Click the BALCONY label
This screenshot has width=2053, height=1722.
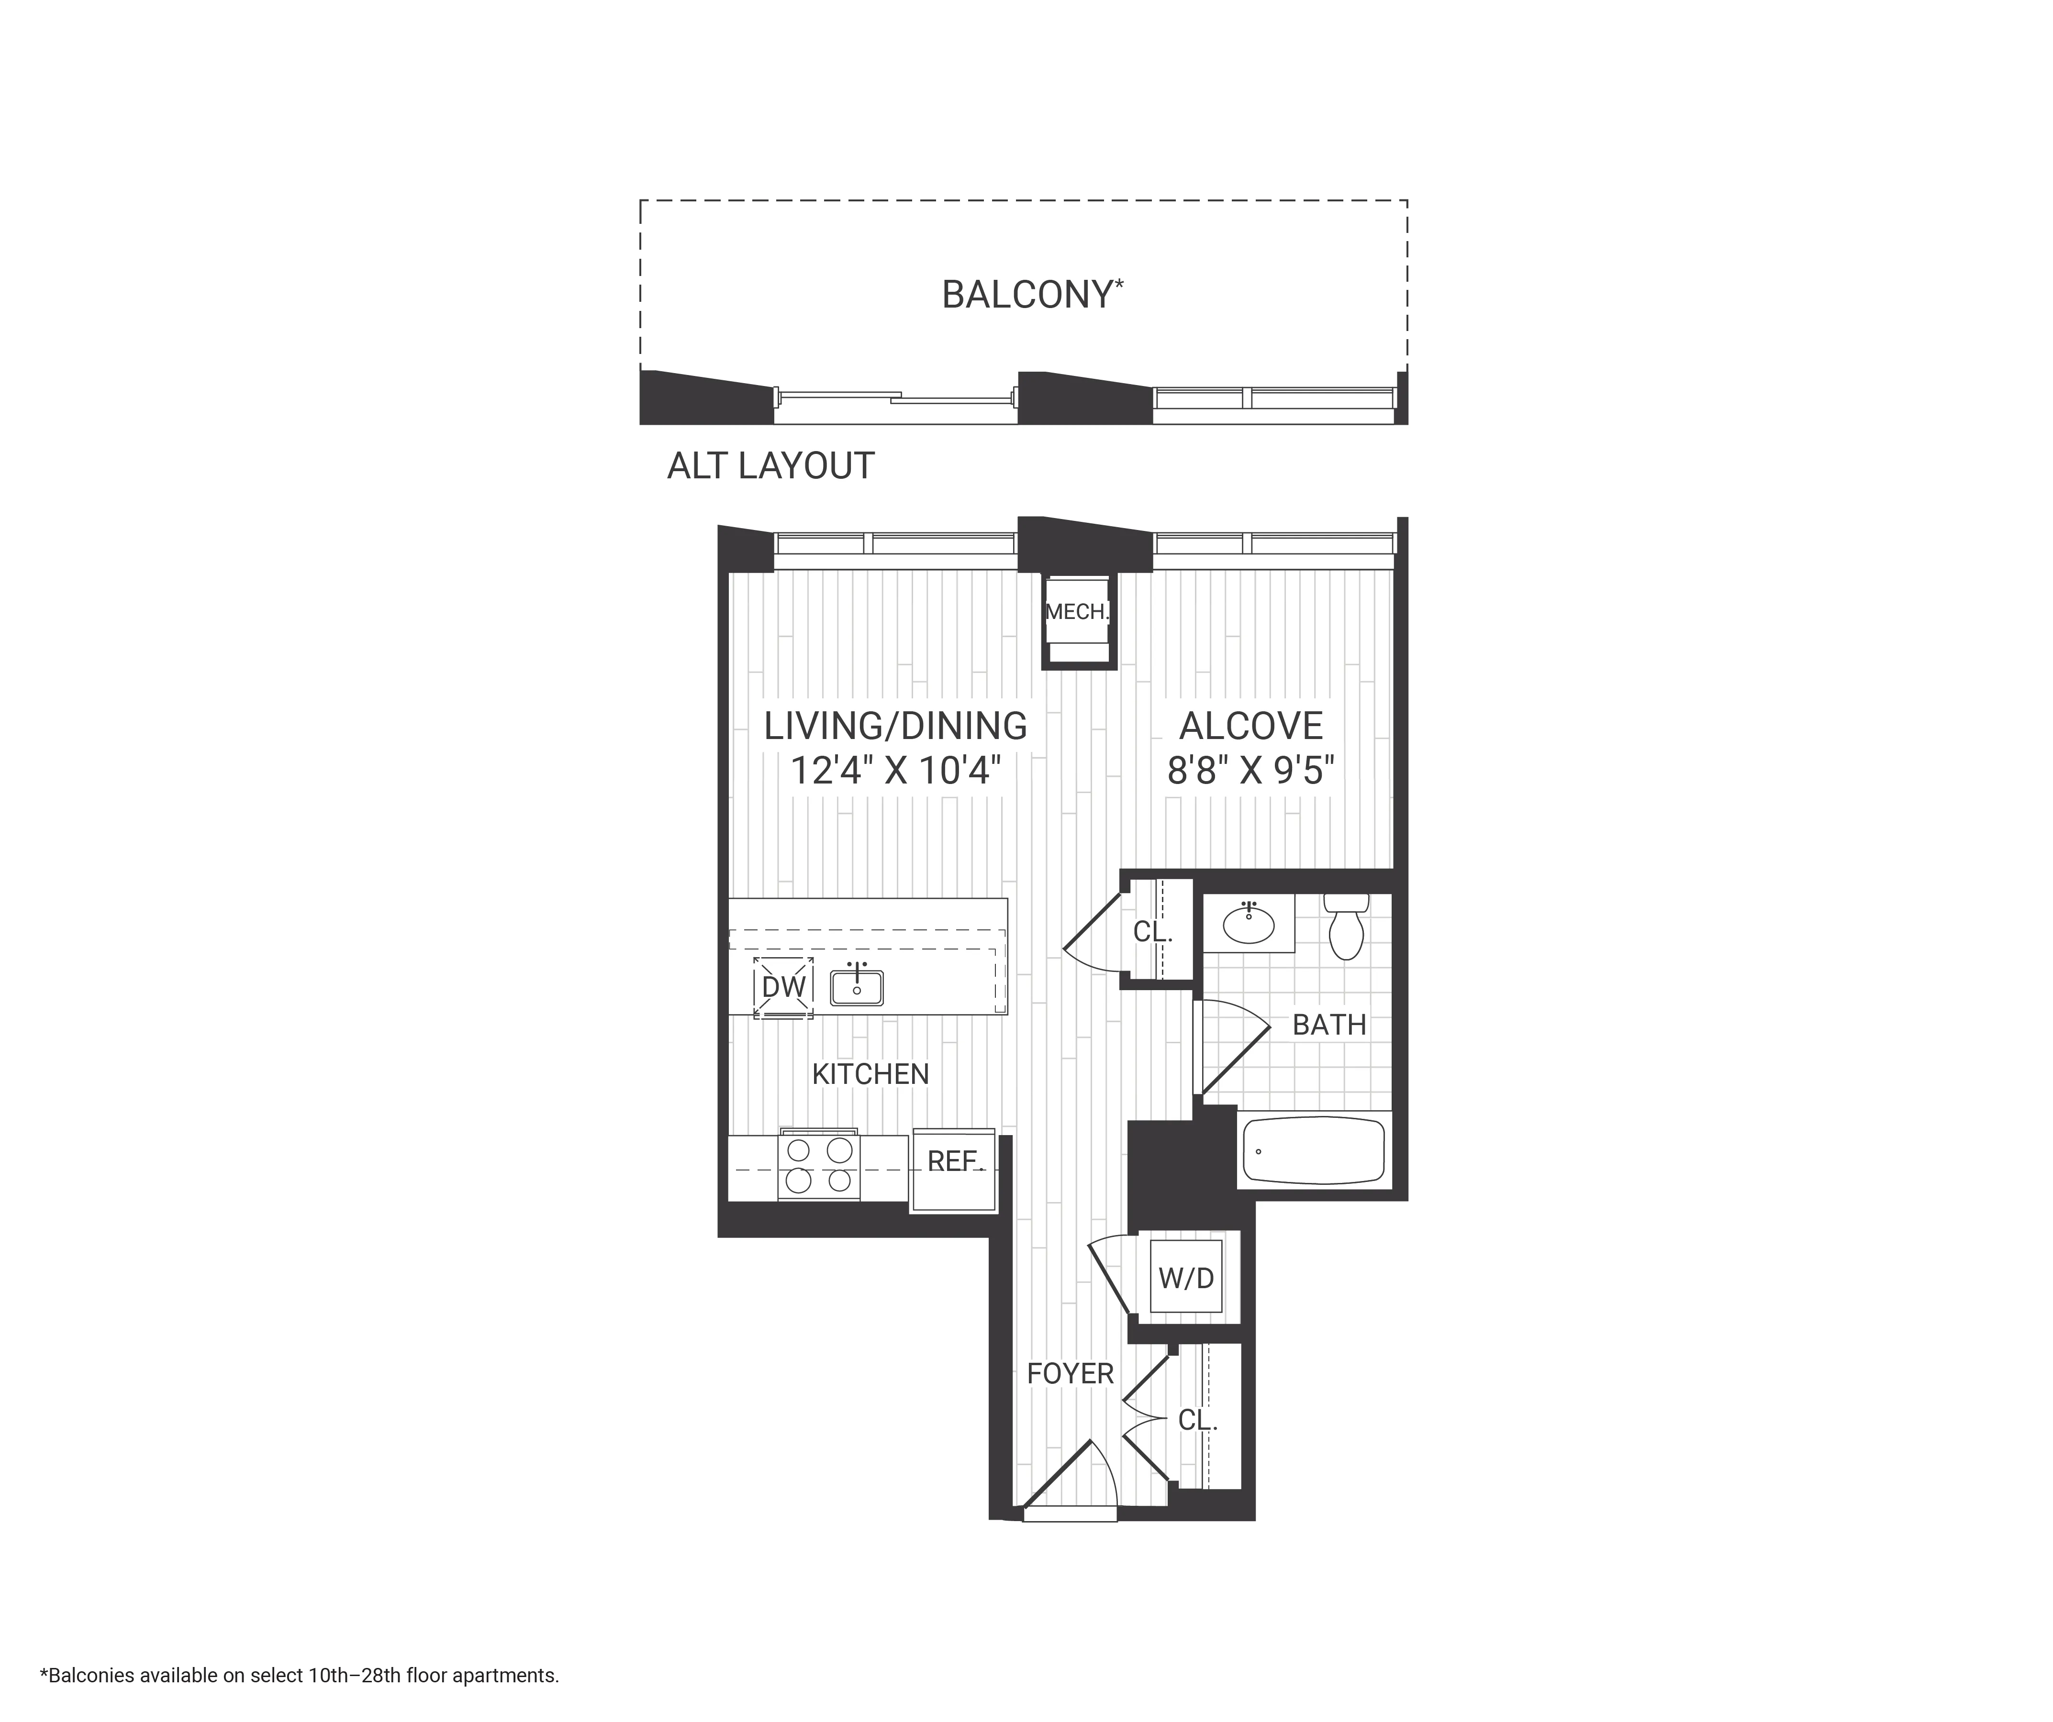tap(1031, 294)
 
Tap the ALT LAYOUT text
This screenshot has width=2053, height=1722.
tap(770, 466)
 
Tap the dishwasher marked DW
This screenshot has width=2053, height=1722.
tap(783, 987)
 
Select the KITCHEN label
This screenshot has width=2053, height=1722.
tap(870, 1074)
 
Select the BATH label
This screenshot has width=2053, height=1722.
tap(1328, 1025)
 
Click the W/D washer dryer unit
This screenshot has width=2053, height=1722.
tap(1186, 1277)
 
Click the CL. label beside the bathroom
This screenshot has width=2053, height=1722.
tap(1153, 932)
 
